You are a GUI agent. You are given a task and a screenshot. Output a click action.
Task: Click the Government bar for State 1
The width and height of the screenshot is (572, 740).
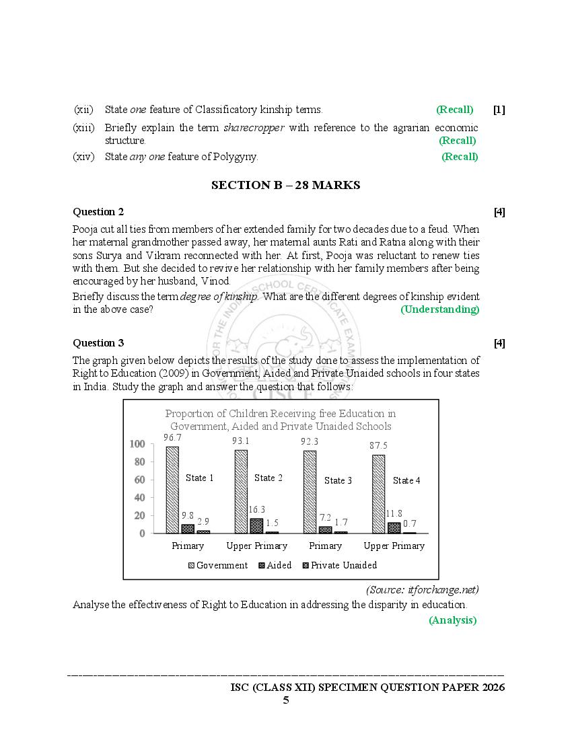click(172, 490)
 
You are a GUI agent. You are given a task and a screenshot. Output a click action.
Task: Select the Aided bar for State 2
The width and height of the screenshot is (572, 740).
click(256, 526)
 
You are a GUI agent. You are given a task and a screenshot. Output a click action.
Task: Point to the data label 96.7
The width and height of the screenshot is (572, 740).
click(173, 438)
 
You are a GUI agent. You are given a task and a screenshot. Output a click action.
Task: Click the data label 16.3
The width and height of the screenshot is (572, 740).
click(256, 510)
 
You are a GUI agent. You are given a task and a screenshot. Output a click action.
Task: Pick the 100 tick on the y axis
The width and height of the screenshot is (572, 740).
click(137, 444)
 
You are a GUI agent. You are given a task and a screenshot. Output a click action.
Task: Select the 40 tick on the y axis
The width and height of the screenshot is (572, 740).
click(139, 498)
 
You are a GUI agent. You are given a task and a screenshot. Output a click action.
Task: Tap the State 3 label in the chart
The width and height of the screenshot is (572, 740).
click(338, 480)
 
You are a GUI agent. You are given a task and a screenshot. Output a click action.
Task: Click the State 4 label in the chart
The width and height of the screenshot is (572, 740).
click(406, 480)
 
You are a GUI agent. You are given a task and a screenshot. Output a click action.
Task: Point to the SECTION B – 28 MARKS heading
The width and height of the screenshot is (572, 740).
click(285, 185)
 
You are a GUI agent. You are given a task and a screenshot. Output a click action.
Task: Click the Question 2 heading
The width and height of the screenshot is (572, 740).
click(98, 212)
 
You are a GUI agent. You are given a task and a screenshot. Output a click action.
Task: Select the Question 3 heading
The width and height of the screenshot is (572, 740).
click(98, 343)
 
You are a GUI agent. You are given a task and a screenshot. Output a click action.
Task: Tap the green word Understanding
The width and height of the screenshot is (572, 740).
click(440, 309)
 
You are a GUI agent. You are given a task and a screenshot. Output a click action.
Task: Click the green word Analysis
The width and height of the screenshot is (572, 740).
click(452, 620)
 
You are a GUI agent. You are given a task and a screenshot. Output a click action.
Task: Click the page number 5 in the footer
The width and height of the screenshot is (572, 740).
click(285, 700)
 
